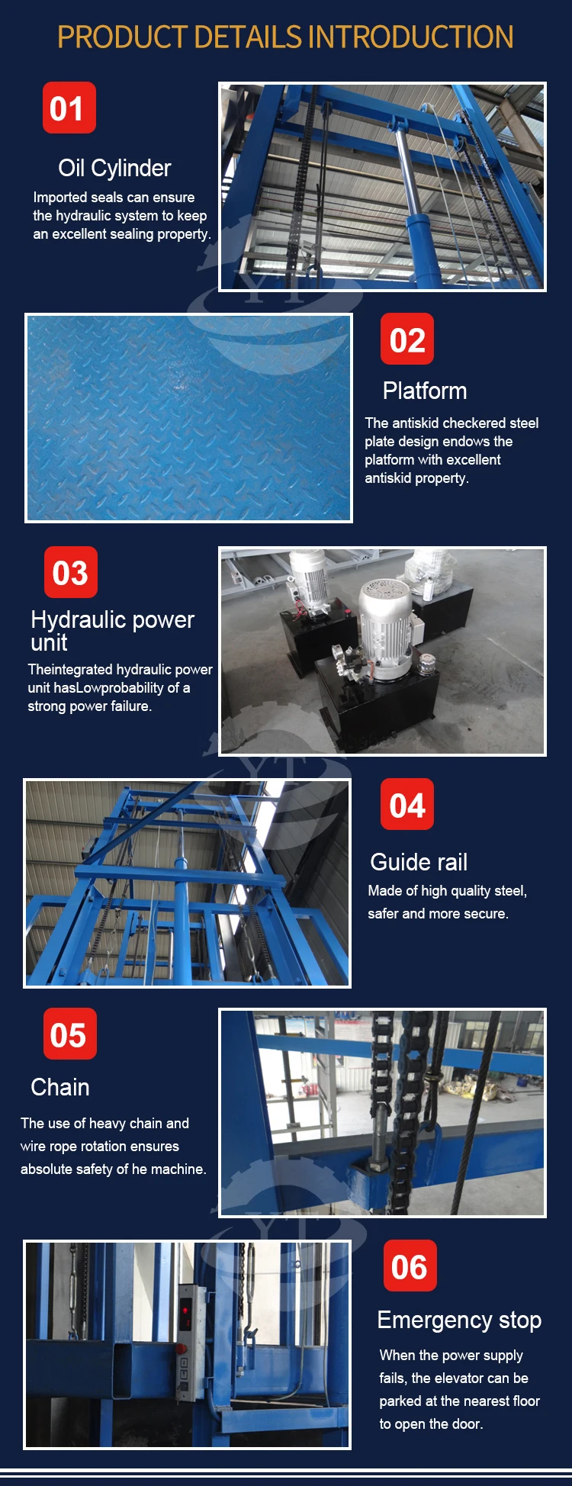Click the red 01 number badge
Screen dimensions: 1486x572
click(69, 108)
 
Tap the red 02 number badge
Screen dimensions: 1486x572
click(407, 339)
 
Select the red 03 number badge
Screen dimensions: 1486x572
click(70, 572)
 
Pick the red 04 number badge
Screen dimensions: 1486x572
click(407, 805)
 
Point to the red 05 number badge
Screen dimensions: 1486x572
click(69, 1034)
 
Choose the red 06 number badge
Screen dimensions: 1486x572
click(409, 1266)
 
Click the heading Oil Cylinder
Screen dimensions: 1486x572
click(114, 168)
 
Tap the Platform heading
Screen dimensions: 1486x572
click(425, 391)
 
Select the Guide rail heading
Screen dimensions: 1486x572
click(419, 862)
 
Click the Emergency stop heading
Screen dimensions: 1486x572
click(459, 1320)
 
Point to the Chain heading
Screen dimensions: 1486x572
click(60, 1087)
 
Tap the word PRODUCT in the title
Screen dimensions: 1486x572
click(123, 37)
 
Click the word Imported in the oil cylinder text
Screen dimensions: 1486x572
click(59, 198)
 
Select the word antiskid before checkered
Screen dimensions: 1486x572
click(414, 423)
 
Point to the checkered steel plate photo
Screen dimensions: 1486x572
click(188, 417)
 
